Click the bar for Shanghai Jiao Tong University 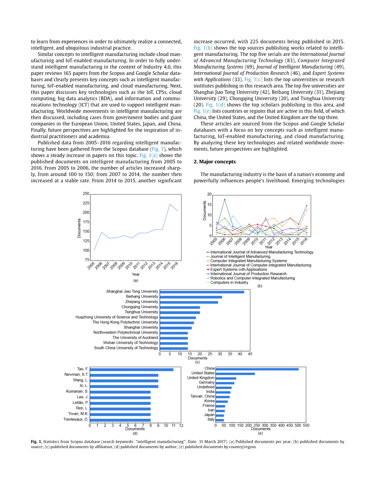[x=202, y=292]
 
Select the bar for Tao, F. [x=131, y=370]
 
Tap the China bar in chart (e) [x=257, y=369]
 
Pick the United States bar [x=235, y=373]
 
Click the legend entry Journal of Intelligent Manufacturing [x=240, y=257]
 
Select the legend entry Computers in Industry [x=229, y=283]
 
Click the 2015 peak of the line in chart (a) [x=170, y=204]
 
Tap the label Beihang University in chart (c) [x=142, y=297]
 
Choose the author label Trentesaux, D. [x=76, y=420]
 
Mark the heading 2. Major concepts [x=215, y=161]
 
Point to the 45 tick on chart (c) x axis [x=250, y=354]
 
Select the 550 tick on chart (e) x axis [x=306, y=425]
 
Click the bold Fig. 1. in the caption [x=36, y=442]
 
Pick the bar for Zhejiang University [x=189, y=302]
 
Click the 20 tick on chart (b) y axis [x=209, y=194]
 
